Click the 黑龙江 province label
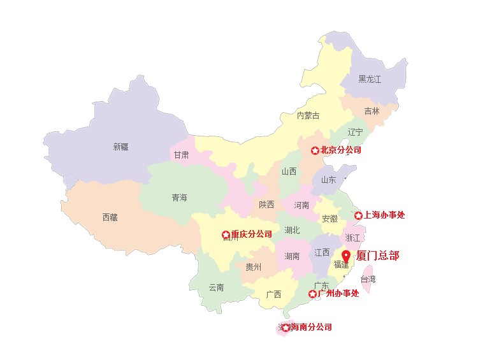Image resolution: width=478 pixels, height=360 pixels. pos(369,80)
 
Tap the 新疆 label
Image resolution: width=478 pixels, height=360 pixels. pos(120,147)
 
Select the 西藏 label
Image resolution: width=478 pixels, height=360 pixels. pos(110,217)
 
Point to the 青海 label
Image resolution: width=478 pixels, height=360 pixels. pos(179,198)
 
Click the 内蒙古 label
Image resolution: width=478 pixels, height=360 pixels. pos(308,115)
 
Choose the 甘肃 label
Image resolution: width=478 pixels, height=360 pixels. pos(181,155)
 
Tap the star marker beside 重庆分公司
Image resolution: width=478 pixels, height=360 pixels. pos(226,235)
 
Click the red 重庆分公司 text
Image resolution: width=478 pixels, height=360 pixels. pos(252,234)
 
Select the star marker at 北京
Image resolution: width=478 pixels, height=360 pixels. pos(315,150)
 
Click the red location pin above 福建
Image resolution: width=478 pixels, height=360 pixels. pos(345,256)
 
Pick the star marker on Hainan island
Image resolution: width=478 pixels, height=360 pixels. pos(285,328)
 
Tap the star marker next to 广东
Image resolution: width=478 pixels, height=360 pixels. pos(312,294)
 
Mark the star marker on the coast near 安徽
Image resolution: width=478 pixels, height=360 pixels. pos(358,215)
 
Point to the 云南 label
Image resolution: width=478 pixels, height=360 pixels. pos(216,287)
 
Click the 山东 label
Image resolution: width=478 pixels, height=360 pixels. pos(328,180)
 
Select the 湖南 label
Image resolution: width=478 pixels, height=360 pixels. pos(292,257)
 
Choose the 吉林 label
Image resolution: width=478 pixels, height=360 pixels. pos(372,111)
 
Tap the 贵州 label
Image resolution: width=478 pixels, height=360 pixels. pos(253,268)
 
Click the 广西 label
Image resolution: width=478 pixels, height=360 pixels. pos(273,294)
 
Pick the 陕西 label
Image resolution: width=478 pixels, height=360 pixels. pos(266,205)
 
